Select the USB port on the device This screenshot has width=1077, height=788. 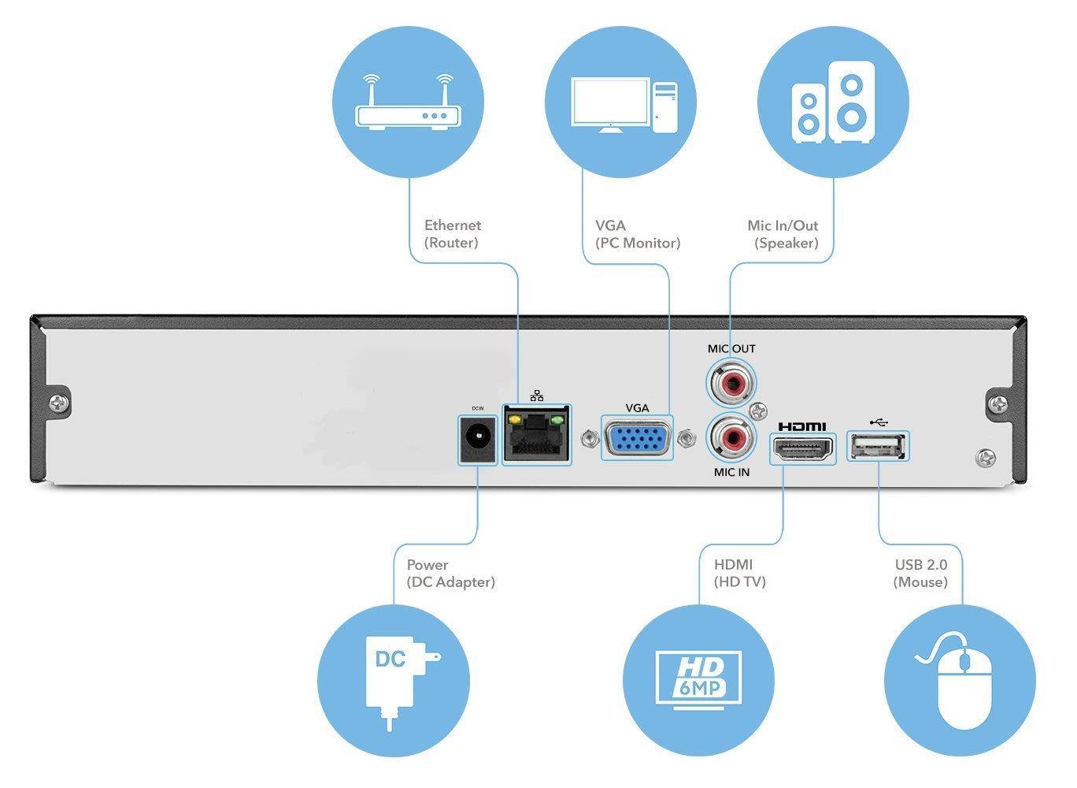coord(878,446)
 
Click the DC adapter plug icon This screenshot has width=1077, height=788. coord(394,679)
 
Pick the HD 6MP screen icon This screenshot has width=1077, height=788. coord(698,679)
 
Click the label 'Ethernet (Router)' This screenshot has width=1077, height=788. coord(452,234)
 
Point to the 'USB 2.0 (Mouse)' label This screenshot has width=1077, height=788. coord(920,574)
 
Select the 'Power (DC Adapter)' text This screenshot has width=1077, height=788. coord(450,574)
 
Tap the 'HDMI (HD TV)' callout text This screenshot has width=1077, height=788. coord(739,574)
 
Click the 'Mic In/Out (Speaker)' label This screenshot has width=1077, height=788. coord(784,234)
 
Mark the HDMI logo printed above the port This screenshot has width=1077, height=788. coord(802,426)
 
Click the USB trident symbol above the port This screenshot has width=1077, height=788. coord(879,421)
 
